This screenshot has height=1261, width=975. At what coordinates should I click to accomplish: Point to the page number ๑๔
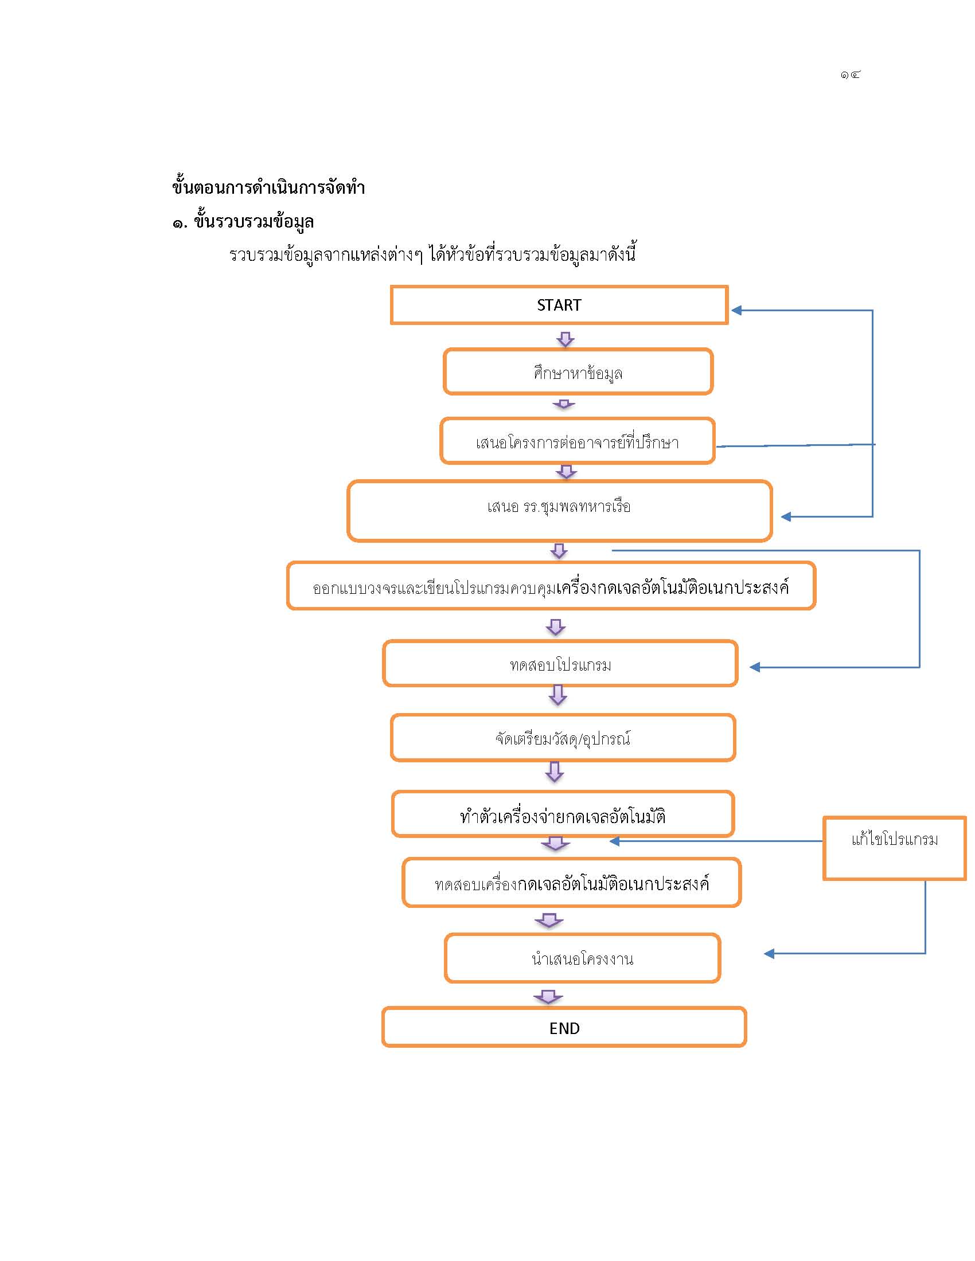850,75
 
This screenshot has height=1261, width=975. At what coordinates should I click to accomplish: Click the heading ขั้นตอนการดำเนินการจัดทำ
268,187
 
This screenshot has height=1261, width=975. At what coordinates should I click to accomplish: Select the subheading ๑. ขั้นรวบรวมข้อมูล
243,221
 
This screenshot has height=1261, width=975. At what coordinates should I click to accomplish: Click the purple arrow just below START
565,339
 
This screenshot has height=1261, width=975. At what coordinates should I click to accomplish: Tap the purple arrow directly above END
548,997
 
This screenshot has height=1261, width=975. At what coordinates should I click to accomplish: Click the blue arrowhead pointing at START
736,311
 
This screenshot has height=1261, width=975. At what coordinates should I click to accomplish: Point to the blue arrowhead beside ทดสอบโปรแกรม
755,667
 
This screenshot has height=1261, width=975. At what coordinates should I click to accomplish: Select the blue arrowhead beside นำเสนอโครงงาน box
769,954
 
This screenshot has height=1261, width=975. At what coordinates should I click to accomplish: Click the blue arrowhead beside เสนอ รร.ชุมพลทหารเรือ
786,517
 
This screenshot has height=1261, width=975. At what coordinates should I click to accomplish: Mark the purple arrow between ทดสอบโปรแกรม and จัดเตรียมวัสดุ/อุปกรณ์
557,695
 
